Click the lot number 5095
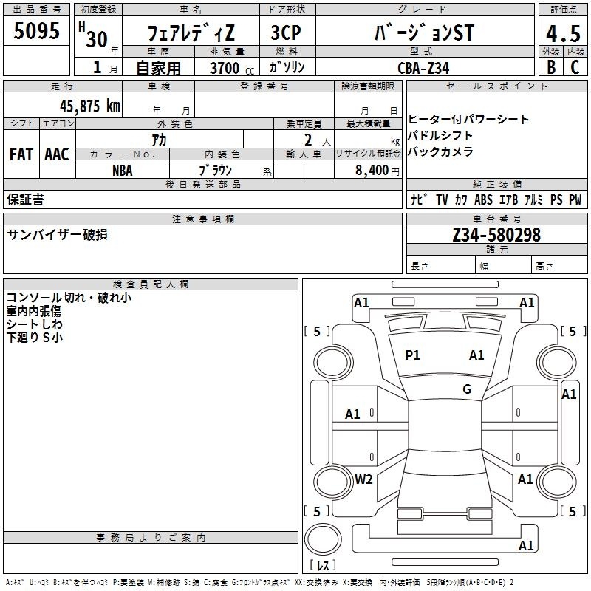[36, 30]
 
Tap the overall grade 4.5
[563, 33]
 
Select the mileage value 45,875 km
[89, 106]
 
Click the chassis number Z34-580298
[496, 234]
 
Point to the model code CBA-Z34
[423, 68]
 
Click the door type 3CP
[286, 33]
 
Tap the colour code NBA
[123, 171]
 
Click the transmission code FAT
[21, 154]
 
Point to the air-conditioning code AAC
[57, 154]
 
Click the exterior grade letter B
[551, 67]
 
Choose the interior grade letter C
[575, 67]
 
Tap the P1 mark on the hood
[412, 355]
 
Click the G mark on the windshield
[467, 389]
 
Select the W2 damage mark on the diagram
[363, 479]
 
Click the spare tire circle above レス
[323, 539]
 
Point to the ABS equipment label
[483, 199]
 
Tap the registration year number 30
[97, 39]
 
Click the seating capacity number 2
[308, 140]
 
